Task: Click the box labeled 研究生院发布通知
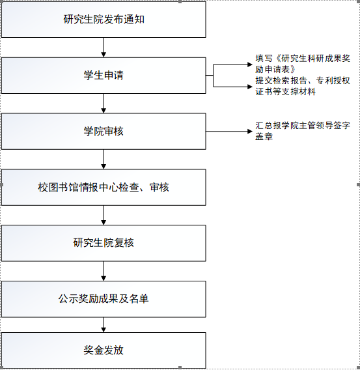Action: click(x=104, y=20)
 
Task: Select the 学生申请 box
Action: click(x=104, y=76)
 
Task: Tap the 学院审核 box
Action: click(x=104, y=131)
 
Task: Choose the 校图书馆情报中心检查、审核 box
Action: click(x=104, y=187)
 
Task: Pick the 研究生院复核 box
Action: click(x=104, y=243)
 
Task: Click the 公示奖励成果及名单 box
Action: click(x=104, y=299)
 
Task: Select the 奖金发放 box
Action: click(x=104, y=350)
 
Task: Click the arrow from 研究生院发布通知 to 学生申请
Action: click(x=104, y=48)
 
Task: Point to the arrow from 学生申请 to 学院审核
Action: click(x=104, y=104)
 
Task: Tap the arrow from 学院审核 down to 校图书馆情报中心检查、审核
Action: click(x=104, y=160)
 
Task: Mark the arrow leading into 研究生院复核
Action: click(x=104, y=215)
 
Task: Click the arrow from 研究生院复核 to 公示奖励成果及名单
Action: click(x=104, y=271)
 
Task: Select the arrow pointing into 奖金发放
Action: click(x=104, y=324)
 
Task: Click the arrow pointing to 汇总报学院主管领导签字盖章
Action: click(x=229, y=131)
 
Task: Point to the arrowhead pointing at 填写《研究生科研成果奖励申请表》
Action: click(x=250, y=64)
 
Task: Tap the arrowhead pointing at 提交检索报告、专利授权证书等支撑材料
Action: click(x=250, y=87)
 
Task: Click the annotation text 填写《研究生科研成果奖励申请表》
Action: click(x=303, y=64)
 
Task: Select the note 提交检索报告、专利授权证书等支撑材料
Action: click(x=303, y=86)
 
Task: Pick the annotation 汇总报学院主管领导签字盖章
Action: click(x=303, y=131)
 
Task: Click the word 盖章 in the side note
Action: click(x=264, y=136)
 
